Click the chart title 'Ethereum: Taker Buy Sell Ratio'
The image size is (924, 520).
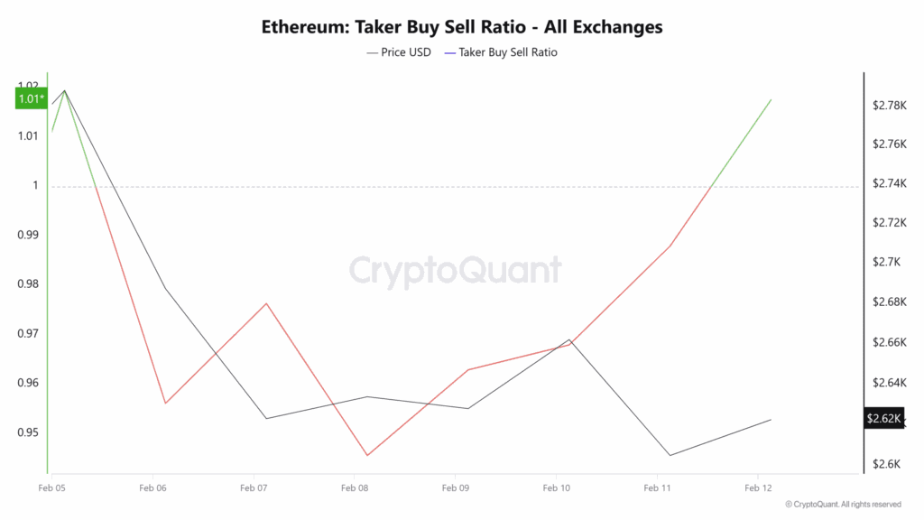tap(462, 27)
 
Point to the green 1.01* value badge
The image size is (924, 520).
tap(30, 99)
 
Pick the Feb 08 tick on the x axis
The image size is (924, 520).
tap(355, 487)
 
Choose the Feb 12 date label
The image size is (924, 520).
tap(758, 487)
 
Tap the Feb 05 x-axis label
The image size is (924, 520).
tap(52, 487)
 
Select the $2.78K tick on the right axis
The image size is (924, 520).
tap(889, 106)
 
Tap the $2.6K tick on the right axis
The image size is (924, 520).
tap(886, 465)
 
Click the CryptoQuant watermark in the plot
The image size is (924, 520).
tap(455, 271)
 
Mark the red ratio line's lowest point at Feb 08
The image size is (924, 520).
tap(367, 455)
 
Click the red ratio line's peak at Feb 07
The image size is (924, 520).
tap(266, 303)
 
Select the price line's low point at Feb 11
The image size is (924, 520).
tap(670, 455)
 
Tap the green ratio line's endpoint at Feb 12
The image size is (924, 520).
tap(771, 99)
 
